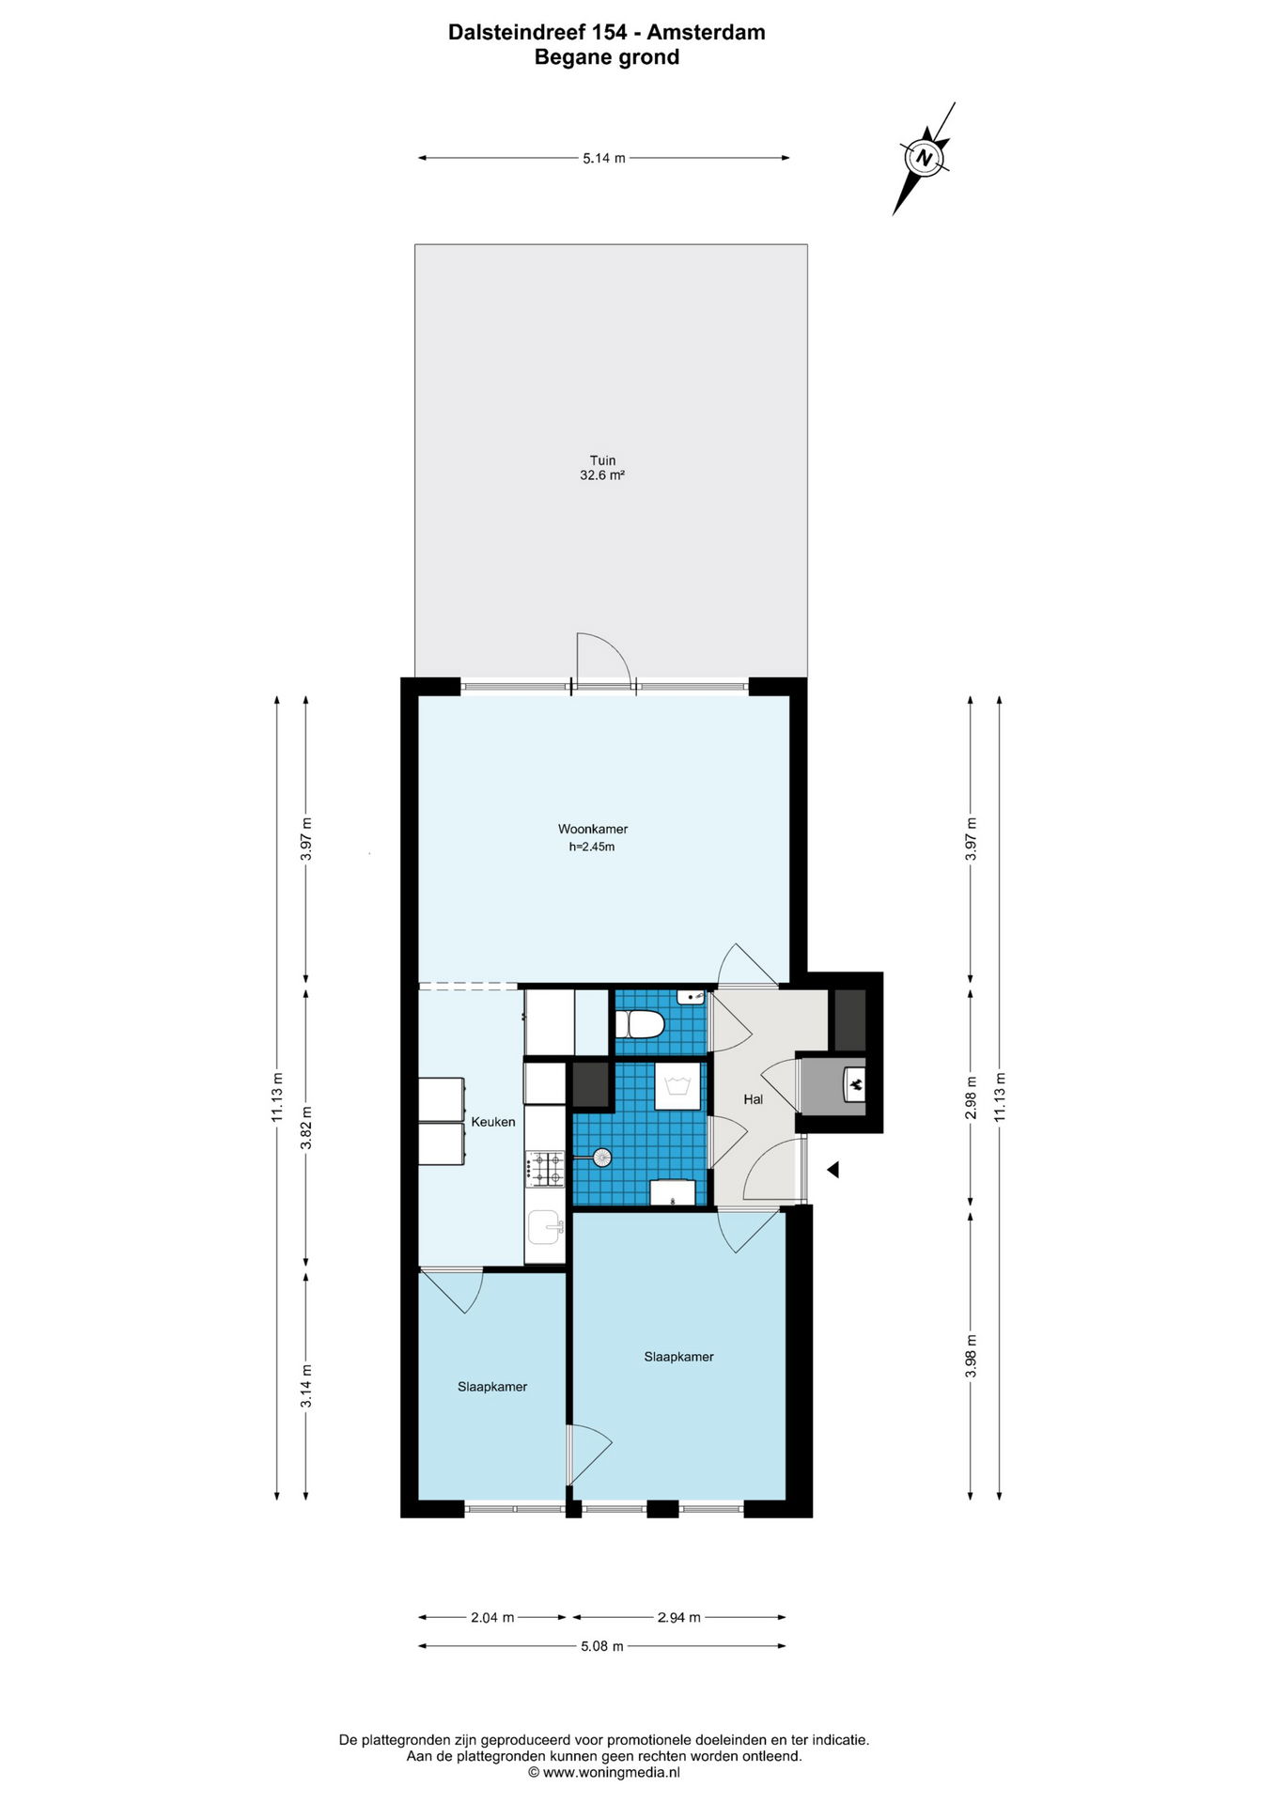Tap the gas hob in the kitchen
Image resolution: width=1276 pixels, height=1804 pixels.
[x=545, y=1169]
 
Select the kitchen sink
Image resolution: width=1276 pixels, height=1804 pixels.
[x=545, y=1226]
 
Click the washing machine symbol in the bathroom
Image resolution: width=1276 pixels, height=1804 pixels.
[x=677, y=1086]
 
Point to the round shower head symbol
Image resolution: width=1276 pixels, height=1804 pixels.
[x=600, y=1158]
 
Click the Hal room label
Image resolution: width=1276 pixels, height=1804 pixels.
[x=753, y=1099]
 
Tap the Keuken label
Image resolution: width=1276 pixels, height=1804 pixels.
[x=493, y=1122]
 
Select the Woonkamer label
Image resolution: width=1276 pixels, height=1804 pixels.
[x=593, y=829]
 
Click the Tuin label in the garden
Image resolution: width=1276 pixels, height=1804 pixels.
[x=602, y=460]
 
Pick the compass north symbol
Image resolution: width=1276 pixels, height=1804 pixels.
[x=925, y=158]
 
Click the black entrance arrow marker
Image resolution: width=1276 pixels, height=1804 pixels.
[x=832, y=1170]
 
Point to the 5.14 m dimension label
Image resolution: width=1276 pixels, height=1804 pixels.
[x=603, y=158]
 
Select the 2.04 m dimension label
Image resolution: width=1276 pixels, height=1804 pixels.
[x=492, y=1617]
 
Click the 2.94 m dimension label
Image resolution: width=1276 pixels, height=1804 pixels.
[x=678, y=1617]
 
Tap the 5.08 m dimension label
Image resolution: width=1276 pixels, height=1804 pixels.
[x=602, y=1646]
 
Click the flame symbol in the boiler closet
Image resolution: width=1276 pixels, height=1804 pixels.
[x=855, y=1086]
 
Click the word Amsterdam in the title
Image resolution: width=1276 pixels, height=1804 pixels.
[x=706, y=32]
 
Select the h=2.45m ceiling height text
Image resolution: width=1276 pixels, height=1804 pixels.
[x=592, y=847]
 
